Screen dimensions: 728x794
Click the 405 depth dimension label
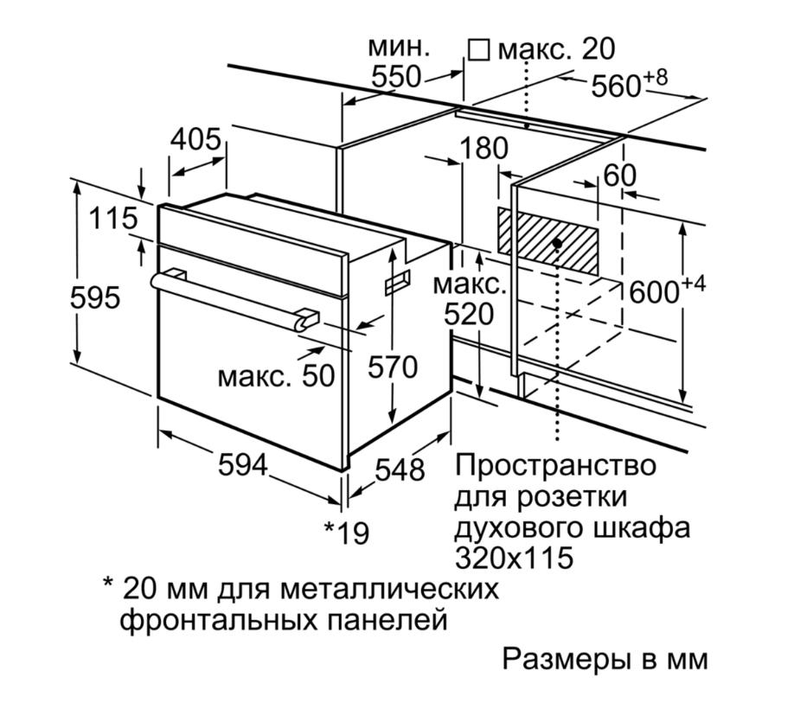point(197,141)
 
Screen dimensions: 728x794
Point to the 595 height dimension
point(95,298)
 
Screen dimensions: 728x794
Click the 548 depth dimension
point(400,469)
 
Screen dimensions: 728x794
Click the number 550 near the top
point(396,77)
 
